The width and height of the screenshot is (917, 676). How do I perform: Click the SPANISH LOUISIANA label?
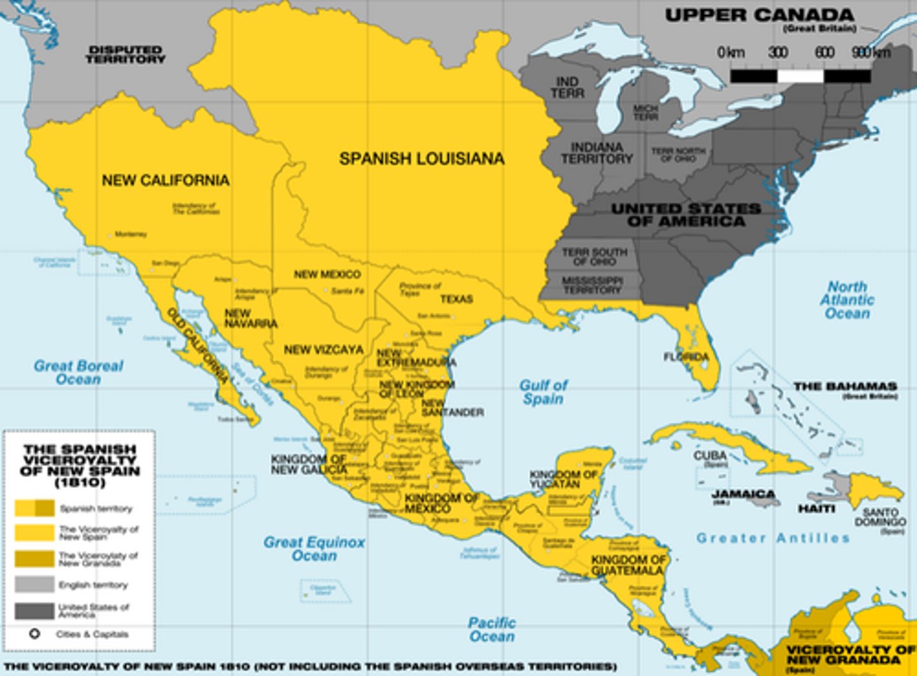point(422,158)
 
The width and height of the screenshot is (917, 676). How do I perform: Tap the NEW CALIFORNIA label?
point(166,180)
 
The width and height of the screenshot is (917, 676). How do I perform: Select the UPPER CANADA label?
point(759,15)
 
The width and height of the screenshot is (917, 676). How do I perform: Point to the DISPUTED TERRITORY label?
point(125,54)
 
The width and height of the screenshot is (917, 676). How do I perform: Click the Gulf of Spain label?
point(543,392)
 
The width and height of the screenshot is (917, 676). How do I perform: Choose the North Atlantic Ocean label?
point(846,300)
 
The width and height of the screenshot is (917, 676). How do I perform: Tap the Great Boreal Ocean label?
point(78,372)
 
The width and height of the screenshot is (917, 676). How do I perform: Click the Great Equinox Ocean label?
point(314,549)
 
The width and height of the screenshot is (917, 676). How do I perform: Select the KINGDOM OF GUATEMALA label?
point(628,565)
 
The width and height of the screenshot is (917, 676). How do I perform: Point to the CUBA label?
point(710,456)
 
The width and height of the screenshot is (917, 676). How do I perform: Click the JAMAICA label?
point(743,494)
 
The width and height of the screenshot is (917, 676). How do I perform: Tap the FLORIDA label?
point(686,357)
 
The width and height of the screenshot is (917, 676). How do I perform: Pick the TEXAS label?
point(457,299)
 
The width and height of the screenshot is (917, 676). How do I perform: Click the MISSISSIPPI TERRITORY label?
point(592,285)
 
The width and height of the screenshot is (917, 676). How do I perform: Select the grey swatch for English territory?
point(34,584)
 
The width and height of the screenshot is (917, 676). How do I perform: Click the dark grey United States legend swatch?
point(34,611)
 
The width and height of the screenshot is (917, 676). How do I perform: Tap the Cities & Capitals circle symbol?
point(34,634)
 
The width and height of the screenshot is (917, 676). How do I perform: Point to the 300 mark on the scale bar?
point(778,53)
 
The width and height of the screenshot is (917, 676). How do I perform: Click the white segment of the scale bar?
point(800,76)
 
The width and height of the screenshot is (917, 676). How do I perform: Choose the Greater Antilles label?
point(773,539)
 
